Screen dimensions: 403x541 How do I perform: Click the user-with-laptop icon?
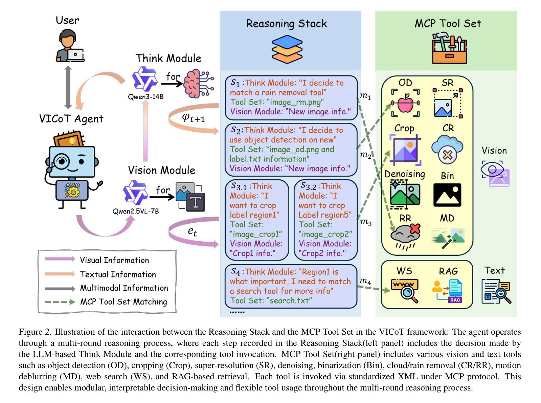70,46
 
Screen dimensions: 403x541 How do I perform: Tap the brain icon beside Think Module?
199,83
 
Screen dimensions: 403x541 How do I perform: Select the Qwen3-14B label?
145,97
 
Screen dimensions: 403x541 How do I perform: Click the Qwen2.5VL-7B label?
136,211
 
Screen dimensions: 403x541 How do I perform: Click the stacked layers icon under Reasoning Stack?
287,49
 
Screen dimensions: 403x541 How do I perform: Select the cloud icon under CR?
447,149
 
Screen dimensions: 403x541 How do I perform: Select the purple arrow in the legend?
60,259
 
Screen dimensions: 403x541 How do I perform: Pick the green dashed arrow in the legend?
60,301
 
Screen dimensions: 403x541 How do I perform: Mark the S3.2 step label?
309,186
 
